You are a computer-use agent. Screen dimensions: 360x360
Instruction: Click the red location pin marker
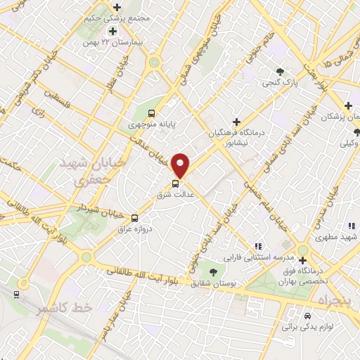181,165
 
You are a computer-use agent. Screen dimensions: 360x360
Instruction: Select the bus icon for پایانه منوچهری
151,112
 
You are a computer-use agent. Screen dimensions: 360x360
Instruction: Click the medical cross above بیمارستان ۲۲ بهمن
112,32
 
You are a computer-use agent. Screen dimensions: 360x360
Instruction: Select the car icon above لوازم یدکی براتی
307,316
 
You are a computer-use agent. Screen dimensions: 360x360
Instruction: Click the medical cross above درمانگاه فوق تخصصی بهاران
302,260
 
